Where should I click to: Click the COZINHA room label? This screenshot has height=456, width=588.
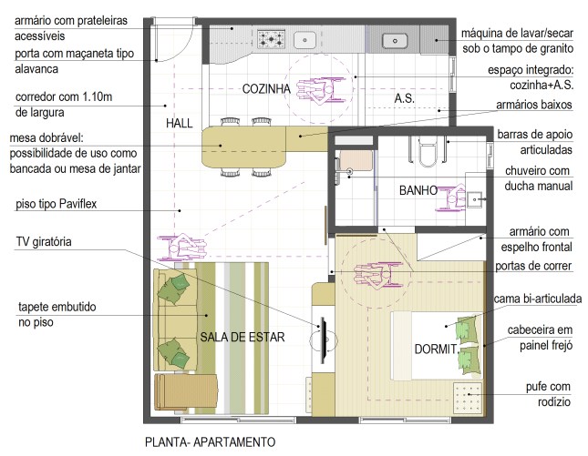coord(266,88)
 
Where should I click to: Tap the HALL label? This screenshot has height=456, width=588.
coord(180,123)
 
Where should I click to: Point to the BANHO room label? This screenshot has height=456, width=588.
coord(418,191)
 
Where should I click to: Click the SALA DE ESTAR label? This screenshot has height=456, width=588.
coord(242,337)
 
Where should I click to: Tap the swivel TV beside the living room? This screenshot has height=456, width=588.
coord(322,336)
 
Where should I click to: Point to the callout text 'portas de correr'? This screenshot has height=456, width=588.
coord(533,267)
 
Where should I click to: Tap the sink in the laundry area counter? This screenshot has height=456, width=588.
coord(394,39)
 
